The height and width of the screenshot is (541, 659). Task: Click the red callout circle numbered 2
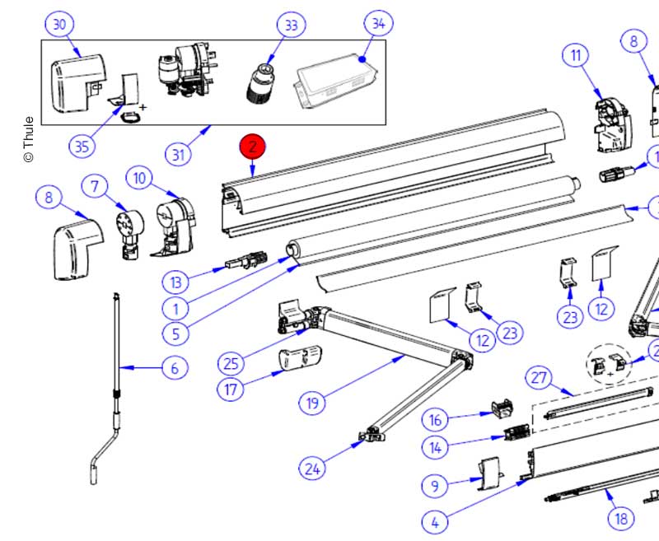pos(253,147)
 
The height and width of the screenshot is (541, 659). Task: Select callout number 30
pos(59,25)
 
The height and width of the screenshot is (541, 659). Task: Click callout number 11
pos(576,56)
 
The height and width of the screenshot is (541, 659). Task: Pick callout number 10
pos(140,177)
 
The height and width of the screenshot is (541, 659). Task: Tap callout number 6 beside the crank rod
pos(174,368)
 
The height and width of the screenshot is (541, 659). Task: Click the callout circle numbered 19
pos(312,403)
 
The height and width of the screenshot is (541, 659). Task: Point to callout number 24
pos(311,469)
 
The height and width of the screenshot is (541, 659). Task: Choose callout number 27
pos(539,378)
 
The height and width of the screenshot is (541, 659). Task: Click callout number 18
pos(621,518)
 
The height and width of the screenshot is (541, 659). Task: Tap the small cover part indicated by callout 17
pos(300,360)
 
